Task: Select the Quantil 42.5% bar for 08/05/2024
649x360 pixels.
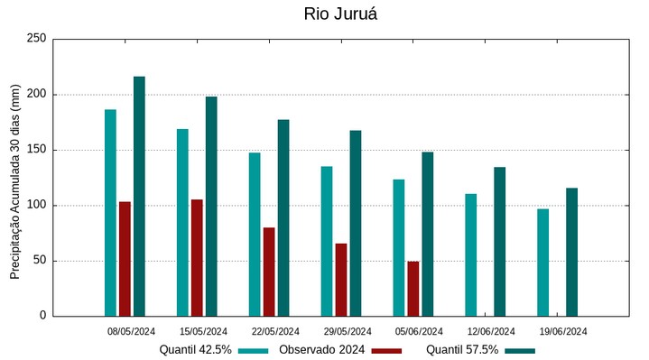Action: pos(110,213)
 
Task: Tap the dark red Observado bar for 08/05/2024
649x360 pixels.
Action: pos(125,259)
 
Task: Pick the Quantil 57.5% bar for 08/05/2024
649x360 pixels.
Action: pos(139,197)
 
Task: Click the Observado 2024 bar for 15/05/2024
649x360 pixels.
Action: pos(197,258)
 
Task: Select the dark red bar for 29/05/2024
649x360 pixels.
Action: pos(341,280)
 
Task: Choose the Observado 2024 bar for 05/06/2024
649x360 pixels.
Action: pos(413,289)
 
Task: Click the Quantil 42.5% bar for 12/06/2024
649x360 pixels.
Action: pos(471,254)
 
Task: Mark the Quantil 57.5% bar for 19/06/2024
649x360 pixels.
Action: pos(571,252)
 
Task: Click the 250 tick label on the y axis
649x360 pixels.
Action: pos(36,39)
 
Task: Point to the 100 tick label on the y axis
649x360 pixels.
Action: pos(36,206)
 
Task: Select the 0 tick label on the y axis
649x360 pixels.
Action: pos(42,316)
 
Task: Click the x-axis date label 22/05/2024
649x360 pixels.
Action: pos(275,331)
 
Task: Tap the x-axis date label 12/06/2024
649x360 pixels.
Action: pos(491,331)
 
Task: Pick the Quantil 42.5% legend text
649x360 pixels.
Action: pos(196,350)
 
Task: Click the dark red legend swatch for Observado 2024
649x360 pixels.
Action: pos(386,351)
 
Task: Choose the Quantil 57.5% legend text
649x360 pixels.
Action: pos(462,350)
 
